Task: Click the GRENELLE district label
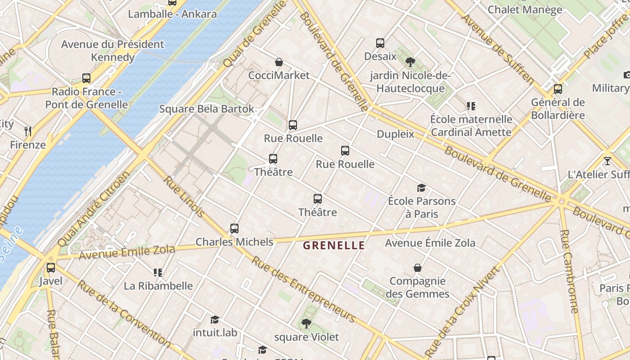333,246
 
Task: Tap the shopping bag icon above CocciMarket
279,62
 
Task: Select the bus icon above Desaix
380,43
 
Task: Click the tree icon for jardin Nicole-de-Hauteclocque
410,62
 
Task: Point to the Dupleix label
395,134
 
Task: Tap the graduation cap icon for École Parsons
421,188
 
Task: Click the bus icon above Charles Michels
234,229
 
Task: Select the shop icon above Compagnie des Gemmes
418,268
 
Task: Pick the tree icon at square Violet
306,324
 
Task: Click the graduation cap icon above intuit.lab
215,319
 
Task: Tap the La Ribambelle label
158,286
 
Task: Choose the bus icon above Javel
51,268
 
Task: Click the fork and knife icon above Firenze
28,131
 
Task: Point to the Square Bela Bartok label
207,109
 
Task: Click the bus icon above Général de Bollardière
558,89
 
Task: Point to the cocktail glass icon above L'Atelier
607,161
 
